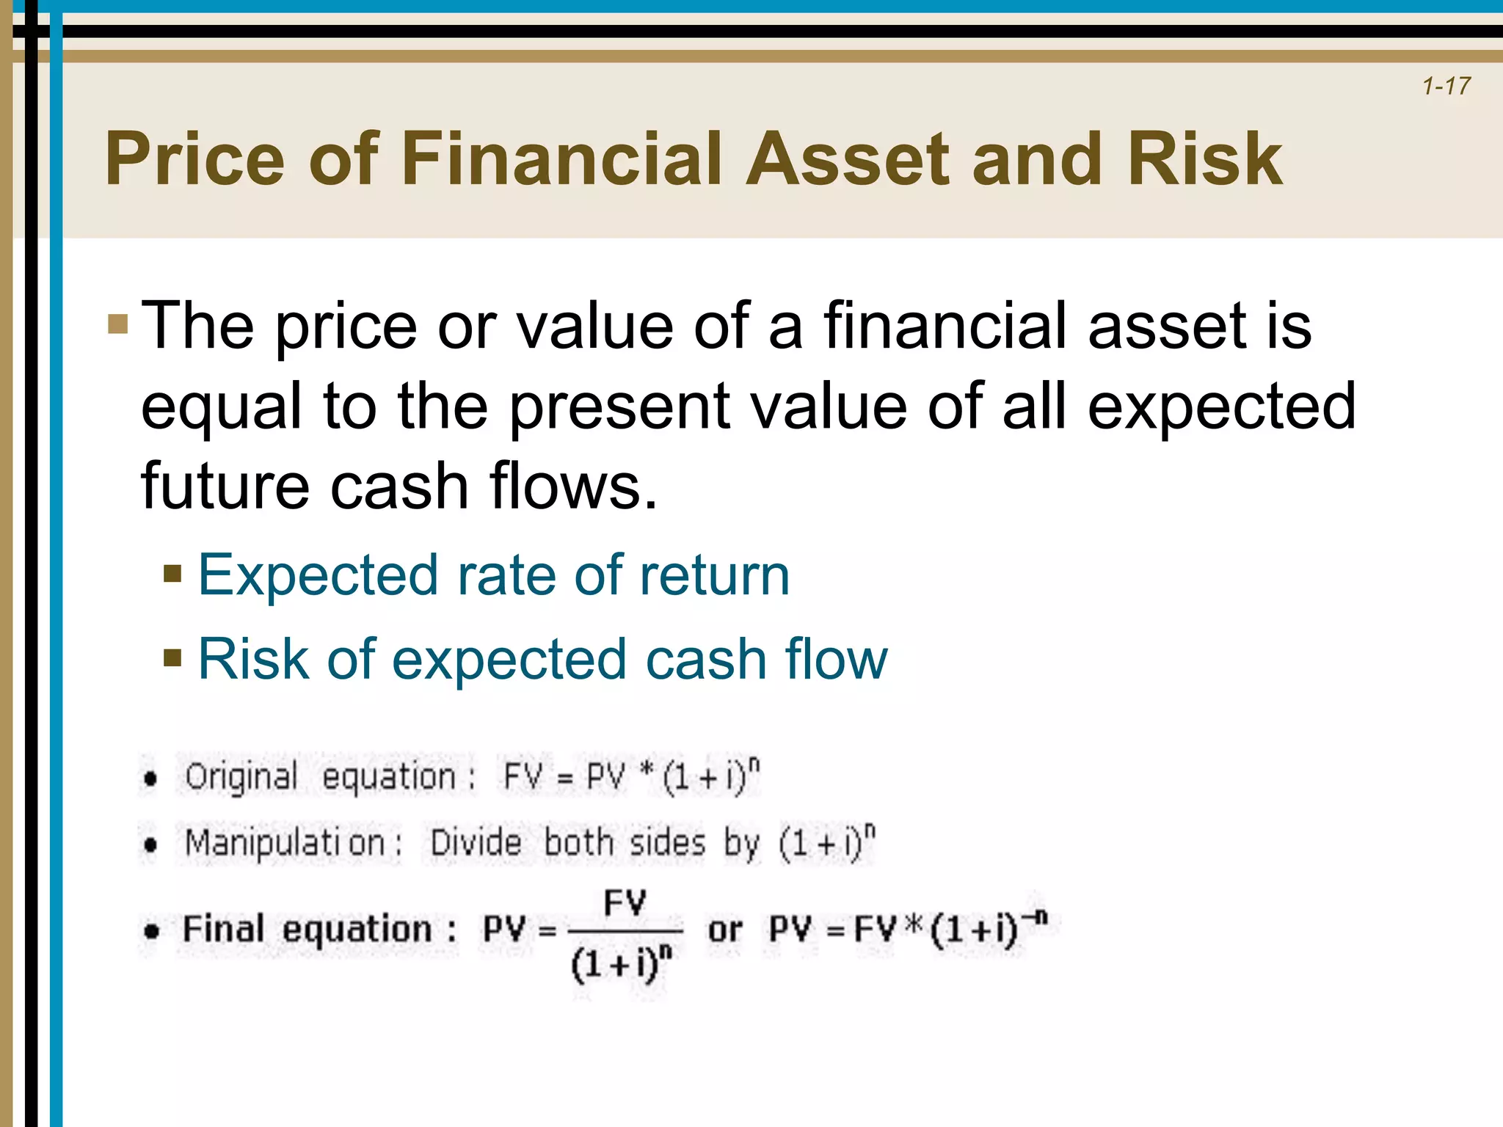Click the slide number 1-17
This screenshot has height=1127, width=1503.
click(1446, 86)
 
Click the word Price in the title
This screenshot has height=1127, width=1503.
click(194, 159)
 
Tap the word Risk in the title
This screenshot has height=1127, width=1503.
click(1204, 159)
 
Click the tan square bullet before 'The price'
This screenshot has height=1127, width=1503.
click(117, 324)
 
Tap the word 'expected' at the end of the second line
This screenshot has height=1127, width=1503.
click(1221, 407)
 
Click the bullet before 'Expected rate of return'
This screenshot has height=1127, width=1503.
click(172, 573)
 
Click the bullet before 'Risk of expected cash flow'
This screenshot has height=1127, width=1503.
click(172, 657)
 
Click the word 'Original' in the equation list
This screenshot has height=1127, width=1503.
click(241, 777)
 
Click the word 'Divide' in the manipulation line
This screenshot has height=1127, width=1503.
click(476, 843)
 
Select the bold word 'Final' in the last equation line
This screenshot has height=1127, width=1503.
click(223, 929)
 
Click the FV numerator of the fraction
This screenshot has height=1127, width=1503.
click(625, 902)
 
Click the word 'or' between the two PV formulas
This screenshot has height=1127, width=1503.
click(725, 930)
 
